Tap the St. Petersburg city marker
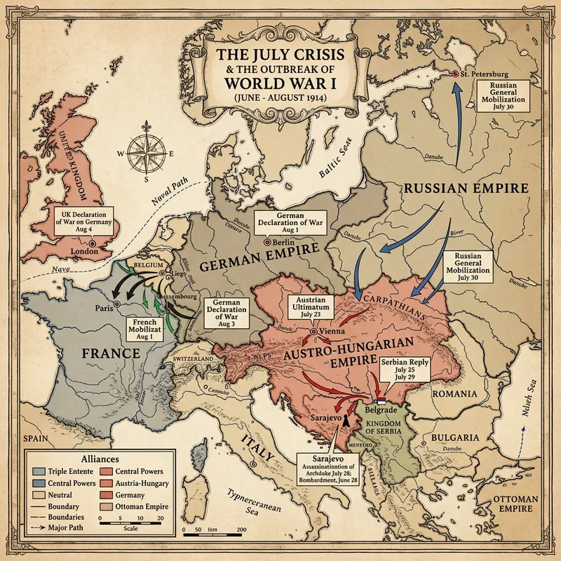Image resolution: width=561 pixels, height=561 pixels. pos(455,74)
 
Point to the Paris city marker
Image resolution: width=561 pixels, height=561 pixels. pos(117,303)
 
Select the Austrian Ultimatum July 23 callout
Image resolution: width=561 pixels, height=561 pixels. pos(311,306)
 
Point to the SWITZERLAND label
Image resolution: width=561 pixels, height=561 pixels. pos(194,359)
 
